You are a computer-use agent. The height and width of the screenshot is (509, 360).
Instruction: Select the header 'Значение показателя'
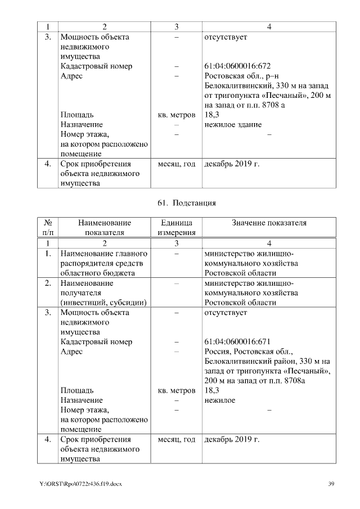269,223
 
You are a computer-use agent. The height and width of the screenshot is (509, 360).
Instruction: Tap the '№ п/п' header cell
48,228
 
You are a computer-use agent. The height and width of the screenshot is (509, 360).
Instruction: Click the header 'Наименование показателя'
104,228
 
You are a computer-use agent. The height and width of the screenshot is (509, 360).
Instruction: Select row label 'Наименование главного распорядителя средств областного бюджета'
103,263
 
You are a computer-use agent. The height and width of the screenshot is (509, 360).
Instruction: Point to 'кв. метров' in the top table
176,115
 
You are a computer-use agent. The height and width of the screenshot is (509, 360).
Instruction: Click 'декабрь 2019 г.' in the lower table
232,439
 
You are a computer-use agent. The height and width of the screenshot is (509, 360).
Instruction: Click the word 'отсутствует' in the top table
226,37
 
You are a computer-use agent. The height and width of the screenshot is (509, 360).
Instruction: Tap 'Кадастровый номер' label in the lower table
96,341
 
